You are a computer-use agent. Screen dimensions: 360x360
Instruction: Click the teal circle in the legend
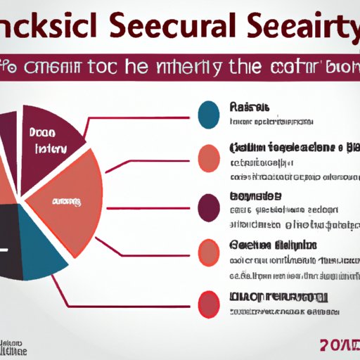[x=209, y=115]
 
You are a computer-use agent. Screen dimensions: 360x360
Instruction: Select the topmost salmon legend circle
[x=209, y=158]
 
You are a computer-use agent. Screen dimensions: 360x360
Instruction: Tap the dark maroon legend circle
[x=209, y=207]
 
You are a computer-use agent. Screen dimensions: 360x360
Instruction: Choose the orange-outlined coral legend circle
[x=209, y=252]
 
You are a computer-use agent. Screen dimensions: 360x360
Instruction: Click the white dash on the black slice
[x=4, y=250]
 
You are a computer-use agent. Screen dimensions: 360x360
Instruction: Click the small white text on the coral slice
[x=65, y=202]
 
